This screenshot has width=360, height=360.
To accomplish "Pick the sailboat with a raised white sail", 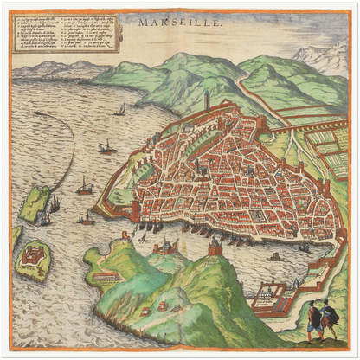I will coord(120,110).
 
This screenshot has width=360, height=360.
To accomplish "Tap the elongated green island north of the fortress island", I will coord(36,203).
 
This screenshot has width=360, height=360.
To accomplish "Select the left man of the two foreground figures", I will coord(314,320).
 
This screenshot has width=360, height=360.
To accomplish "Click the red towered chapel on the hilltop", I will coord(215,248).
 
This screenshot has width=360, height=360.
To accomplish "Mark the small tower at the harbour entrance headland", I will coord(161,247).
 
